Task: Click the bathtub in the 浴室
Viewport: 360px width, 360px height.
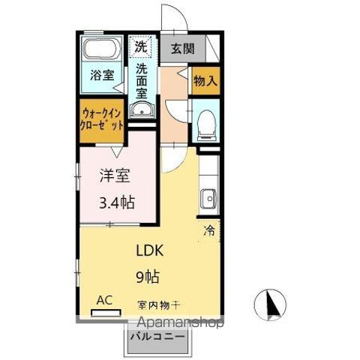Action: (x=102, y=48)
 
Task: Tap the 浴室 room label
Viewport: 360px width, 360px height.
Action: (x=102, y=75)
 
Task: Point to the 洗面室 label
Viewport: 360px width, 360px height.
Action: (x=142, y=81)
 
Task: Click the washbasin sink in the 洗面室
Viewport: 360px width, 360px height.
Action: (x=142, y=109)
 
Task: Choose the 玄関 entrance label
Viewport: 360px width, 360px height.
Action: (x=182, y=49)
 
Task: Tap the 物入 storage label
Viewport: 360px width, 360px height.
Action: (x=205, y=80)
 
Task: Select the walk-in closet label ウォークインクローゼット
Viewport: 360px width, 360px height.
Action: (x=102, y=119)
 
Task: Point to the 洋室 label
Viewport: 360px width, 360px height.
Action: (x=115, y=175)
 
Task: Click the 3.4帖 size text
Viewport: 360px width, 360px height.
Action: (x=117, y=202)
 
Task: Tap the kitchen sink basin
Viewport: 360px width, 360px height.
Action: (x=208, y=199)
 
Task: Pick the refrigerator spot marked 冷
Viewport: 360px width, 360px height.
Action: (x=209, y=230)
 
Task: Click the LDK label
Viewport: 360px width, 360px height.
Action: (x=150, y=250)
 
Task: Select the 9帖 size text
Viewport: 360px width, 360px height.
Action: (x=148, y=277)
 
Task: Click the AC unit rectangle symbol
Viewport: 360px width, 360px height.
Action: (x=106, y=313)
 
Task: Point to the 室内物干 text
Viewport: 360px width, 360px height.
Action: (x=158, y=305)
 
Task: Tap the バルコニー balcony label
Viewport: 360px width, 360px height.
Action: (x=157, y=336)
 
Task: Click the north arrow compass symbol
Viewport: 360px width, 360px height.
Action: (x=270, y=304)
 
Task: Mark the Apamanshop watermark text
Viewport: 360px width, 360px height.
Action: (x=181, y=323)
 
